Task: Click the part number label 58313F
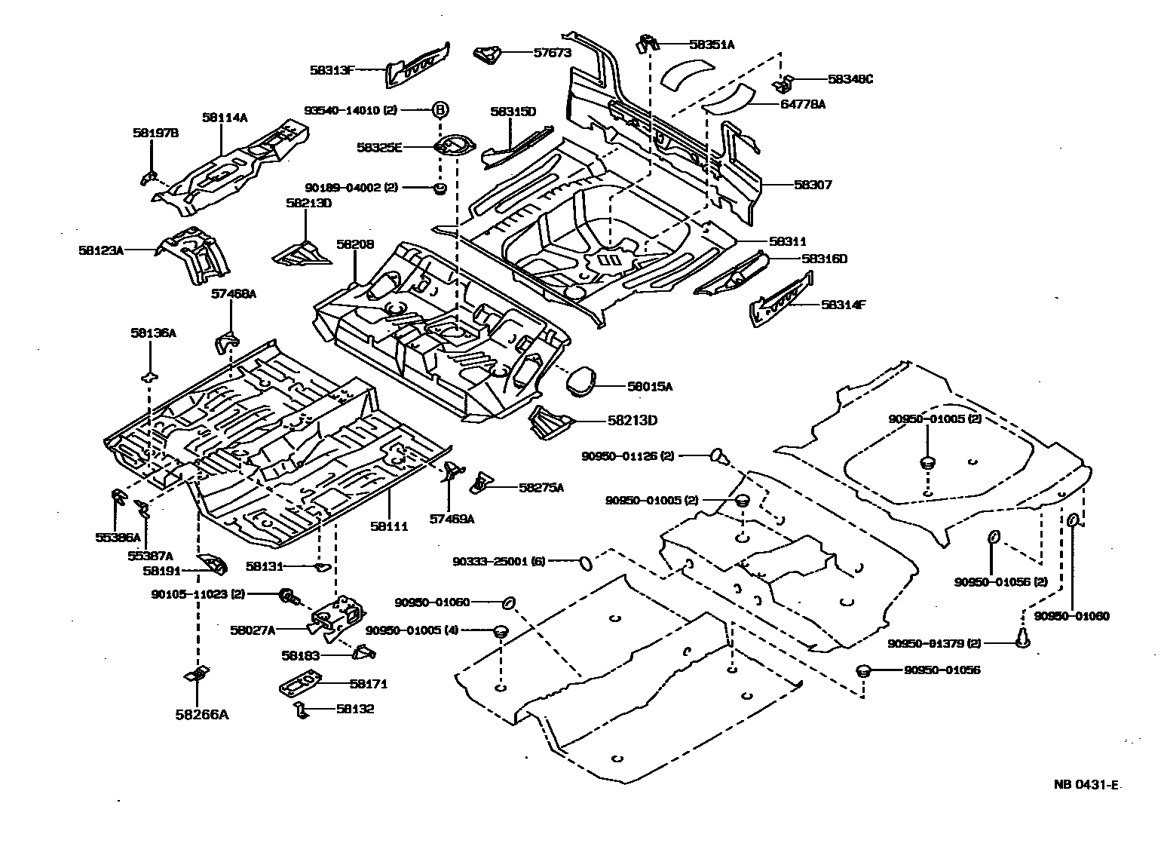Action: [x=332, y=69]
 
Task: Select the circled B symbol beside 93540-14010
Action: [x=440, y=110]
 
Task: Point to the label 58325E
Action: [x=399, y=147]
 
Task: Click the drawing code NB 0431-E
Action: [x=1086, y=784]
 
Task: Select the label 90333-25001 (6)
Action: [x=498, y=561]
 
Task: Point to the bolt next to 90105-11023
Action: [x=287, y=596]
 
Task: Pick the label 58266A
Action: [x=203, y=713]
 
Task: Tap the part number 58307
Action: [x=812, y=185]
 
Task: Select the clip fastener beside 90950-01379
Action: [x=1023, y=638]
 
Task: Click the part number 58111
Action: [x=389, y=526]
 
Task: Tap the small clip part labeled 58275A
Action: [x=480, y=483]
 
